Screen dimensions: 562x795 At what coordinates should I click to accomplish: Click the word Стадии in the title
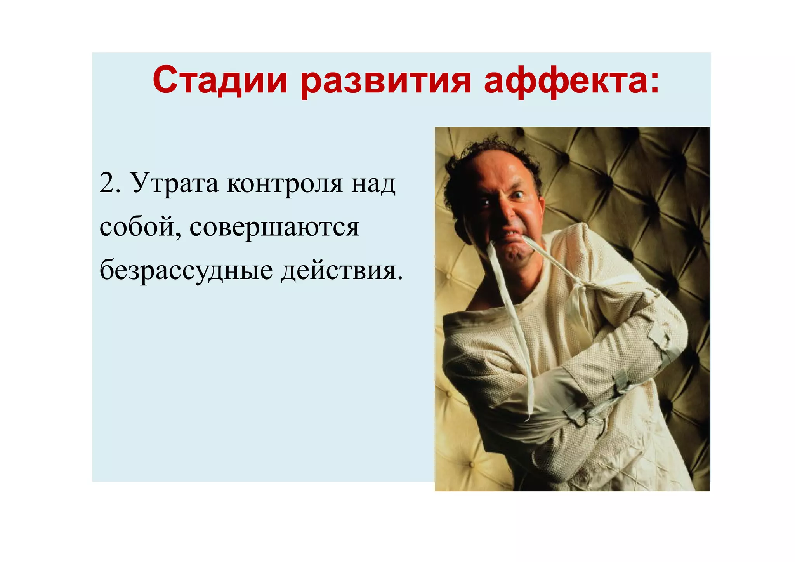(x=220, y=80)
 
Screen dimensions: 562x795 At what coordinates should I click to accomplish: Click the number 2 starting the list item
(x=106, y=183)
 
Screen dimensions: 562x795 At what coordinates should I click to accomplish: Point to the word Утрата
(x=174, y=183)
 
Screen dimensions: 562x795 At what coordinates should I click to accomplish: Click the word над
(x=373, y=183)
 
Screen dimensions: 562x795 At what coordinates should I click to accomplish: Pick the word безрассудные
(x=186, y=271)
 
